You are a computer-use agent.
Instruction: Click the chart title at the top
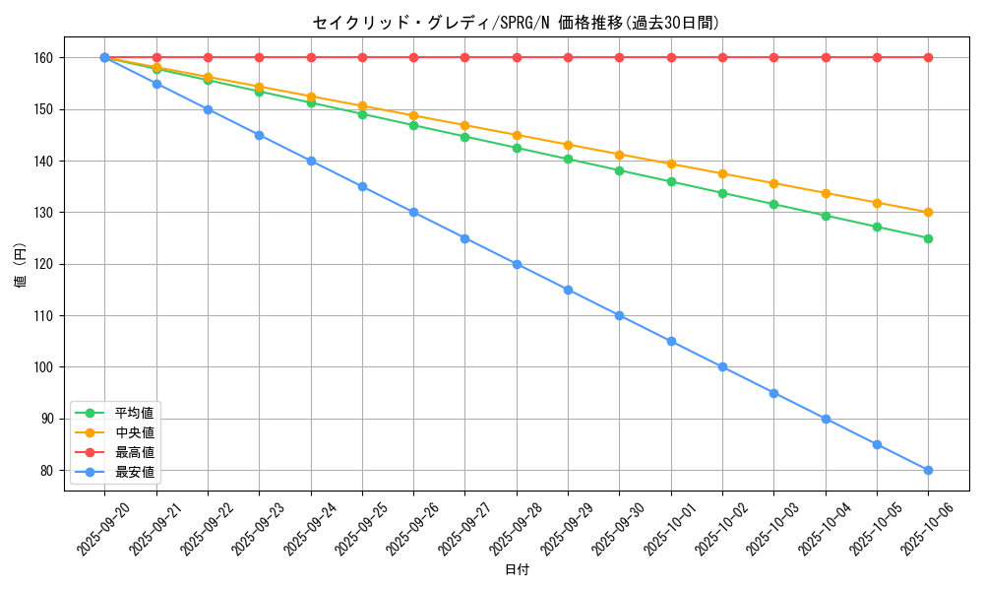pos(516,23)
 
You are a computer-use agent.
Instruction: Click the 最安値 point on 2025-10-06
pos(928,470)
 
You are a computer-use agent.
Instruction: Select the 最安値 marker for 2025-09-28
pos(517,264)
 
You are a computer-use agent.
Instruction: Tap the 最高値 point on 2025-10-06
pos(928,58)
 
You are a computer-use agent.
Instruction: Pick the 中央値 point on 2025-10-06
pos(928,213)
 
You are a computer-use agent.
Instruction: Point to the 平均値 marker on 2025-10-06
pos(928,238)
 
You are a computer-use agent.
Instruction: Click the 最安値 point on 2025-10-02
pos(722,367)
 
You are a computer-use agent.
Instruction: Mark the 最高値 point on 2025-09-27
pos(464,58)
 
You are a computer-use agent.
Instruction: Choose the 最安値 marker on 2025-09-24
pos(311,162)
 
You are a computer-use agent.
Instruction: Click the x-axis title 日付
pos(516,570)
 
